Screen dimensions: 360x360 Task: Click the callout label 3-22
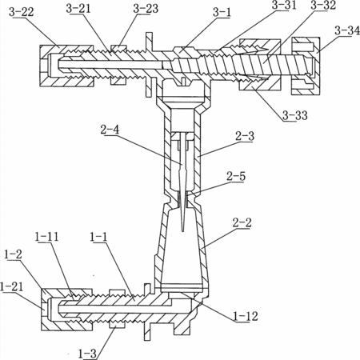point(21,12)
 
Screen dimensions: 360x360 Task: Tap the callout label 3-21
point(78,9)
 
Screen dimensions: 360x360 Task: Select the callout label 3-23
point(146,9)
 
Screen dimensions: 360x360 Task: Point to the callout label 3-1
point(222,13)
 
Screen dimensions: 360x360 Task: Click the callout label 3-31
point(284,6)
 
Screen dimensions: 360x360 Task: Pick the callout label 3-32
point(323,6)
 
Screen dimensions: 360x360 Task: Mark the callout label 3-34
point(347,30)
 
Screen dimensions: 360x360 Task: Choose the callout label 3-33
point(295,115)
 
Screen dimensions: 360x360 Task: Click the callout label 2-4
point(110,130)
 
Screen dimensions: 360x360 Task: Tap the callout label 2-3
point(245,136)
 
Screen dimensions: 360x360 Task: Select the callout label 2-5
point(236,176)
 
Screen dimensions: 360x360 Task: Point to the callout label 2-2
point(242,222)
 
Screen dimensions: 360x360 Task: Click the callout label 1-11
point(46,237)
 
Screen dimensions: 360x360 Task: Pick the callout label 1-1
point(98,237)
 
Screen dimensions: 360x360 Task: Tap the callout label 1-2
point(13,254)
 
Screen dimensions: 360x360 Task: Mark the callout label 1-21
point(12,286)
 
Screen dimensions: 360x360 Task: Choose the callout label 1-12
point(246,316)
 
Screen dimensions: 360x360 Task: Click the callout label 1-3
point(87,354)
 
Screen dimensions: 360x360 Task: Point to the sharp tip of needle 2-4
point(182,231)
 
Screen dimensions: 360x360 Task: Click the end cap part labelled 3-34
point(306,66)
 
